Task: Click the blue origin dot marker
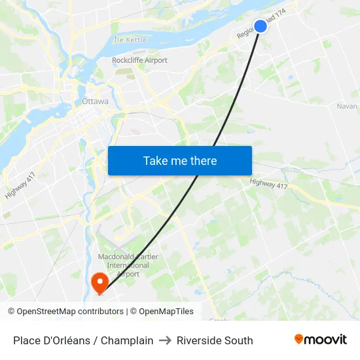(260, 26)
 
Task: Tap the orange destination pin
(99, 283)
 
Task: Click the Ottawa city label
(96, 101)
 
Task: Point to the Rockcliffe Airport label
(139, 60)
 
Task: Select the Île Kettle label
(131, 40)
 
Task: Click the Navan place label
(347, 106)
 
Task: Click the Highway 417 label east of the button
(268, 185)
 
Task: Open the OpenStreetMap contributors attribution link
(70, 312)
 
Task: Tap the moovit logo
(321, 340)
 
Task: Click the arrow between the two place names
(165, 340)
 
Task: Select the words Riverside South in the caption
(215, 340)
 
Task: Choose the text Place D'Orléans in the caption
(50, 340)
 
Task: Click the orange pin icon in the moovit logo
(299, 339)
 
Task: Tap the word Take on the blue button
(154, 161)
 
